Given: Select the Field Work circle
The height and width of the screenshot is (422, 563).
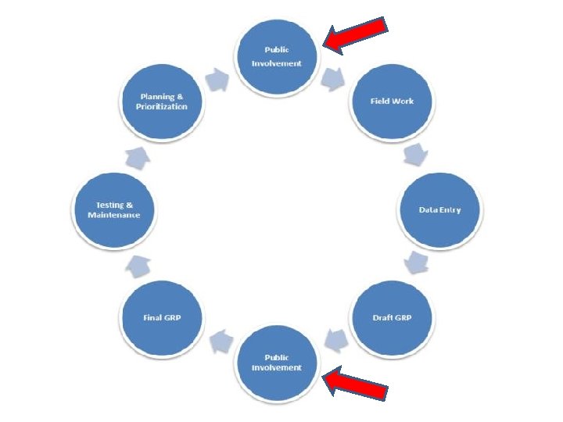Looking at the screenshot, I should pyautogui.click(x=392, y=102).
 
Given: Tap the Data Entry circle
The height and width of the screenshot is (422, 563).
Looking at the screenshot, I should pyautogui.click(x=440, y=210).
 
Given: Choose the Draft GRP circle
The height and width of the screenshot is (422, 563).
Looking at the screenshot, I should pyautogui.click(x=392, y=318).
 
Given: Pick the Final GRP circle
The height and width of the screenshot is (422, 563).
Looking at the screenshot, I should pyautogui.click(x=162, y=318).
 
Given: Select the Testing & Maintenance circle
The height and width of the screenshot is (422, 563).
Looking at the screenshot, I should pyautogui.click(x=114, y=210).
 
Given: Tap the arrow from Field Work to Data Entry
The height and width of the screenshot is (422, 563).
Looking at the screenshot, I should pyautogui.click(x=414, y=154).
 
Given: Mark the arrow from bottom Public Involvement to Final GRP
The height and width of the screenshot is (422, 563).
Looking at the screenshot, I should pyautogui.click(x=221, y=338).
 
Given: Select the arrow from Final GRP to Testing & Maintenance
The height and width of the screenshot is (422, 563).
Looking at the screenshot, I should pyautogui.click(x=138, y=266).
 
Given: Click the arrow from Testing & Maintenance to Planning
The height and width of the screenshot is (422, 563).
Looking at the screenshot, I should pyautogui.click(x=138, y=158).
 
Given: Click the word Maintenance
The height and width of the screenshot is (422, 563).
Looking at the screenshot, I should pyautogui.click(x=114, y=215).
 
